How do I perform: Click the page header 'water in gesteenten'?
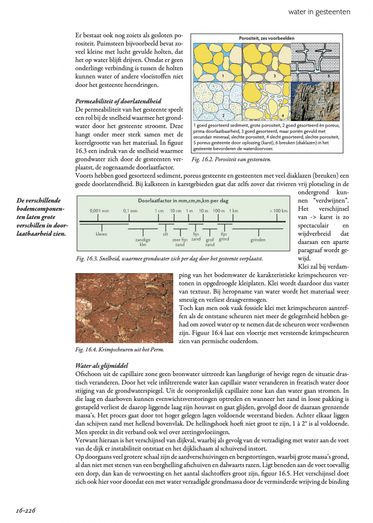coord(319,11)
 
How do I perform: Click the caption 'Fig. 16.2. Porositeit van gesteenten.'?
coord(231,160)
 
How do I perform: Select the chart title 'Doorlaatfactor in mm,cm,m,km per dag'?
coord(183,201)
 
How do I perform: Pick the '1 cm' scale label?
coord(159,210)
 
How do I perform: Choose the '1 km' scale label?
coord(234,210)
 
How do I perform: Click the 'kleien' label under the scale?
coord(101,234)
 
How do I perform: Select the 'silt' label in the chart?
coord(165,234)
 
